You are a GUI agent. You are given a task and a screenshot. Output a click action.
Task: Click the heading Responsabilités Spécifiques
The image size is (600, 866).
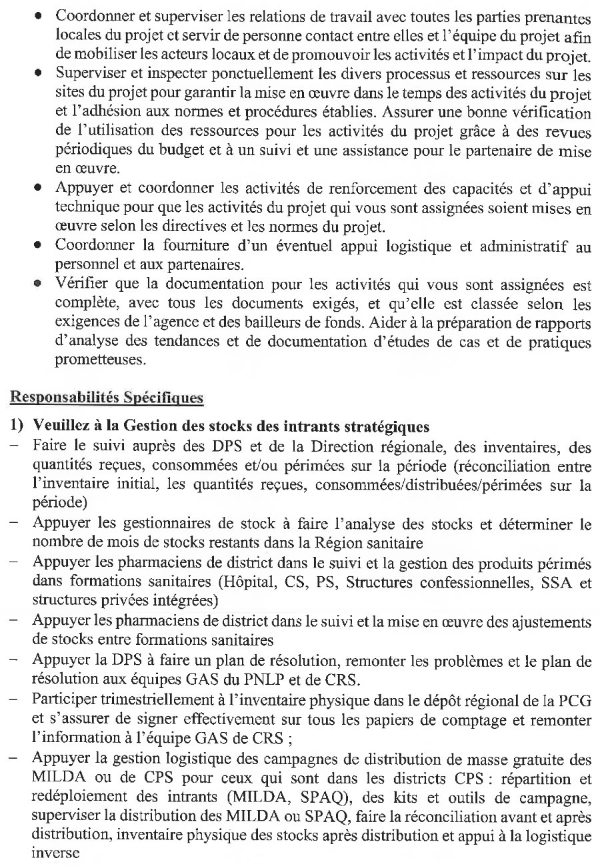point(106,398)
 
